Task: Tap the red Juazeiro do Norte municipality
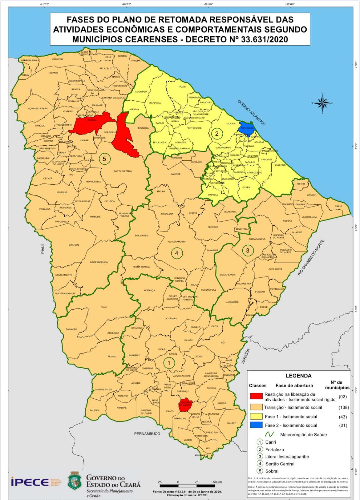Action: (x=185, y=405)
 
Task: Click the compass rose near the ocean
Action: (x=322, y=103)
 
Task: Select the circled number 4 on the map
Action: (x=177, y=253)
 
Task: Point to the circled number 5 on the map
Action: (x=104, y=159)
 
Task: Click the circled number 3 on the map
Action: (x=248, y=250)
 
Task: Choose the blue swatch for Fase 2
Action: (x=256, y=425)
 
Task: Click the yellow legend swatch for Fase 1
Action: (x=256, y=416)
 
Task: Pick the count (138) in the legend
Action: (x=343, y=407)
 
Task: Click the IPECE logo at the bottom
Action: (x=30, y=482)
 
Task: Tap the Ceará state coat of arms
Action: (x=75, y=481)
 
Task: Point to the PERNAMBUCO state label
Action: (x=147, y=434)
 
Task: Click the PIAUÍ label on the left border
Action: (x=43, y=249)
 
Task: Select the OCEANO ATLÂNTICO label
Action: (x=252, y=113)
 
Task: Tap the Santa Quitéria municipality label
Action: (x=123, y=171)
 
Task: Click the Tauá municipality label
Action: (x=104, y=307)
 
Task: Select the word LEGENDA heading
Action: (x=298, y=376)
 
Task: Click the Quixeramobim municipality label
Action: (x=177, y=242)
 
